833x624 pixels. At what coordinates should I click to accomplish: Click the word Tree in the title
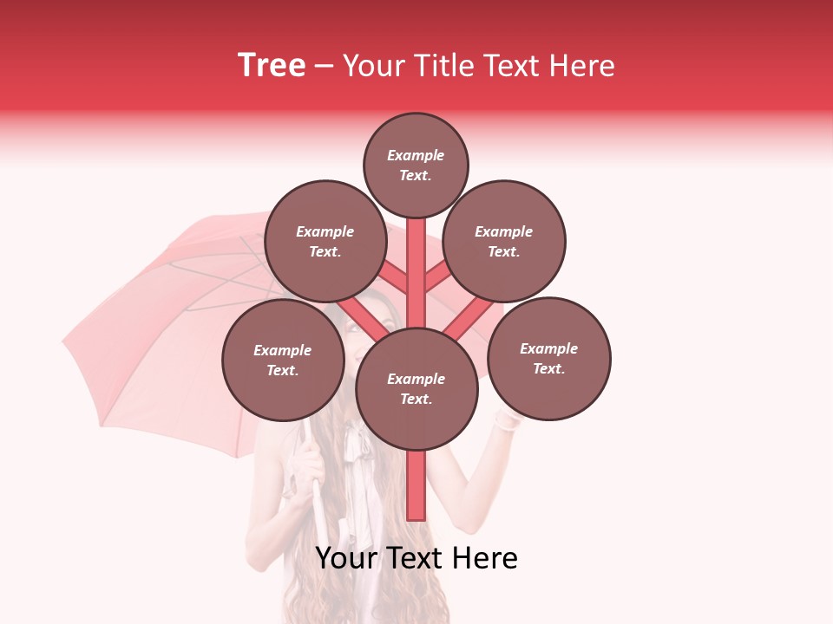click(272, 66)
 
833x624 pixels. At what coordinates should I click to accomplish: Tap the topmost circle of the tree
click(416, 165)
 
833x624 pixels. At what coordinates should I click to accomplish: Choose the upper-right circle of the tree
click(504, 241)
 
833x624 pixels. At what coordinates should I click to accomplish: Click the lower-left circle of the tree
click(283, 360)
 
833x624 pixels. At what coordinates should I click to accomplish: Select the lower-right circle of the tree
click(548, 358)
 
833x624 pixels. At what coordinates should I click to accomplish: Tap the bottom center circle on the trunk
click(416, 388)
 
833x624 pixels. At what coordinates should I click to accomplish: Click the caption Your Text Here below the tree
click(416, 558)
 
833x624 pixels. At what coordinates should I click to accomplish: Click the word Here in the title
click(580, 66)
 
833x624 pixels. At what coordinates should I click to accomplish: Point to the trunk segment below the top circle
click(416, 260)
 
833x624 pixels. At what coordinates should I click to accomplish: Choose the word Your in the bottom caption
click(346, 558)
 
